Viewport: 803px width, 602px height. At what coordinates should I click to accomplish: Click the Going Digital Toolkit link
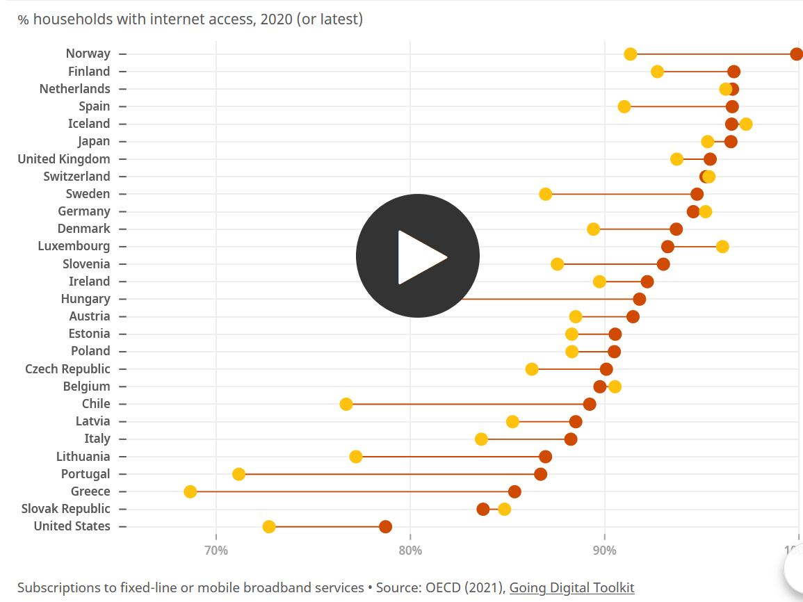coord(571,587)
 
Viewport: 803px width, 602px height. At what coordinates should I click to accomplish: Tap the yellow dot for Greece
coord(190,491)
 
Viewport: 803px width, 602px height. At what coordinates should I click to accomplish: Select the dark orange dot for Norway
coord(797,54)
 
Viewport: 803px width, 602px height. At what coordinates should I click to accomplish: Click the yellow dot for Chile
coord(346,404)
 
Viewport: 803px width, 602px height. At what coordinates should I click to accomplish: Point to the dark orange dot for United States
coord(385,526)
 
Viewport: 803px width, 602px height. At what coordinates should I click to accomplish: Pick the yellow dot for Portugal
coord(239,474)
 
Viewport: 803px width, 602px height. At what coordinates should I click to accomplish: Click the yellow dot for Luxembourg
coord(722,247)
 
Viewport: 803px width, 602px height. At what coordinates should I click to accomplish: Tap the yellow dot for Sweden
coord(546,194)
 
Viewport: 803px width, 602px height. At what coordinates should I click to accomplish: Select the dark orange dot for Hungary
coord(640,299)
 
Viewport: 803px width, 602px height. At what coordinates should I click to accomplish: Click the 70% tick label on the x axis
coord(216,551)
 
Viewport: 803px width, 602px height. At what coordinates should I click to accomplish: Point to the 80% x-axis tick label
coord(410,551)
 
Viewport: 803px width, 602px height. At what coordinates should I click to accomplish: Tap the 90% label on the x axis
coord(604,551)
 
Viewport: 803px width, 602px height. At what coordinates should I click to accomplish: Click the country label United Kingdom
coord(64,158)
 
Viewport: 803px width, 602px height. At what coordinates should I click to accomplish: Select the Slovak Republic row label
coord(65,509)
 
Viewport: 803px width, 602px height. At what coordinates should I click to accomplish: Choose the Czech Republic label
coord(67,368)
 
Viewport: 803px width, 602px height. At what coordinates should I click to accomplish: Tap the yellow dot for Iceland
coord(746,124)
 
